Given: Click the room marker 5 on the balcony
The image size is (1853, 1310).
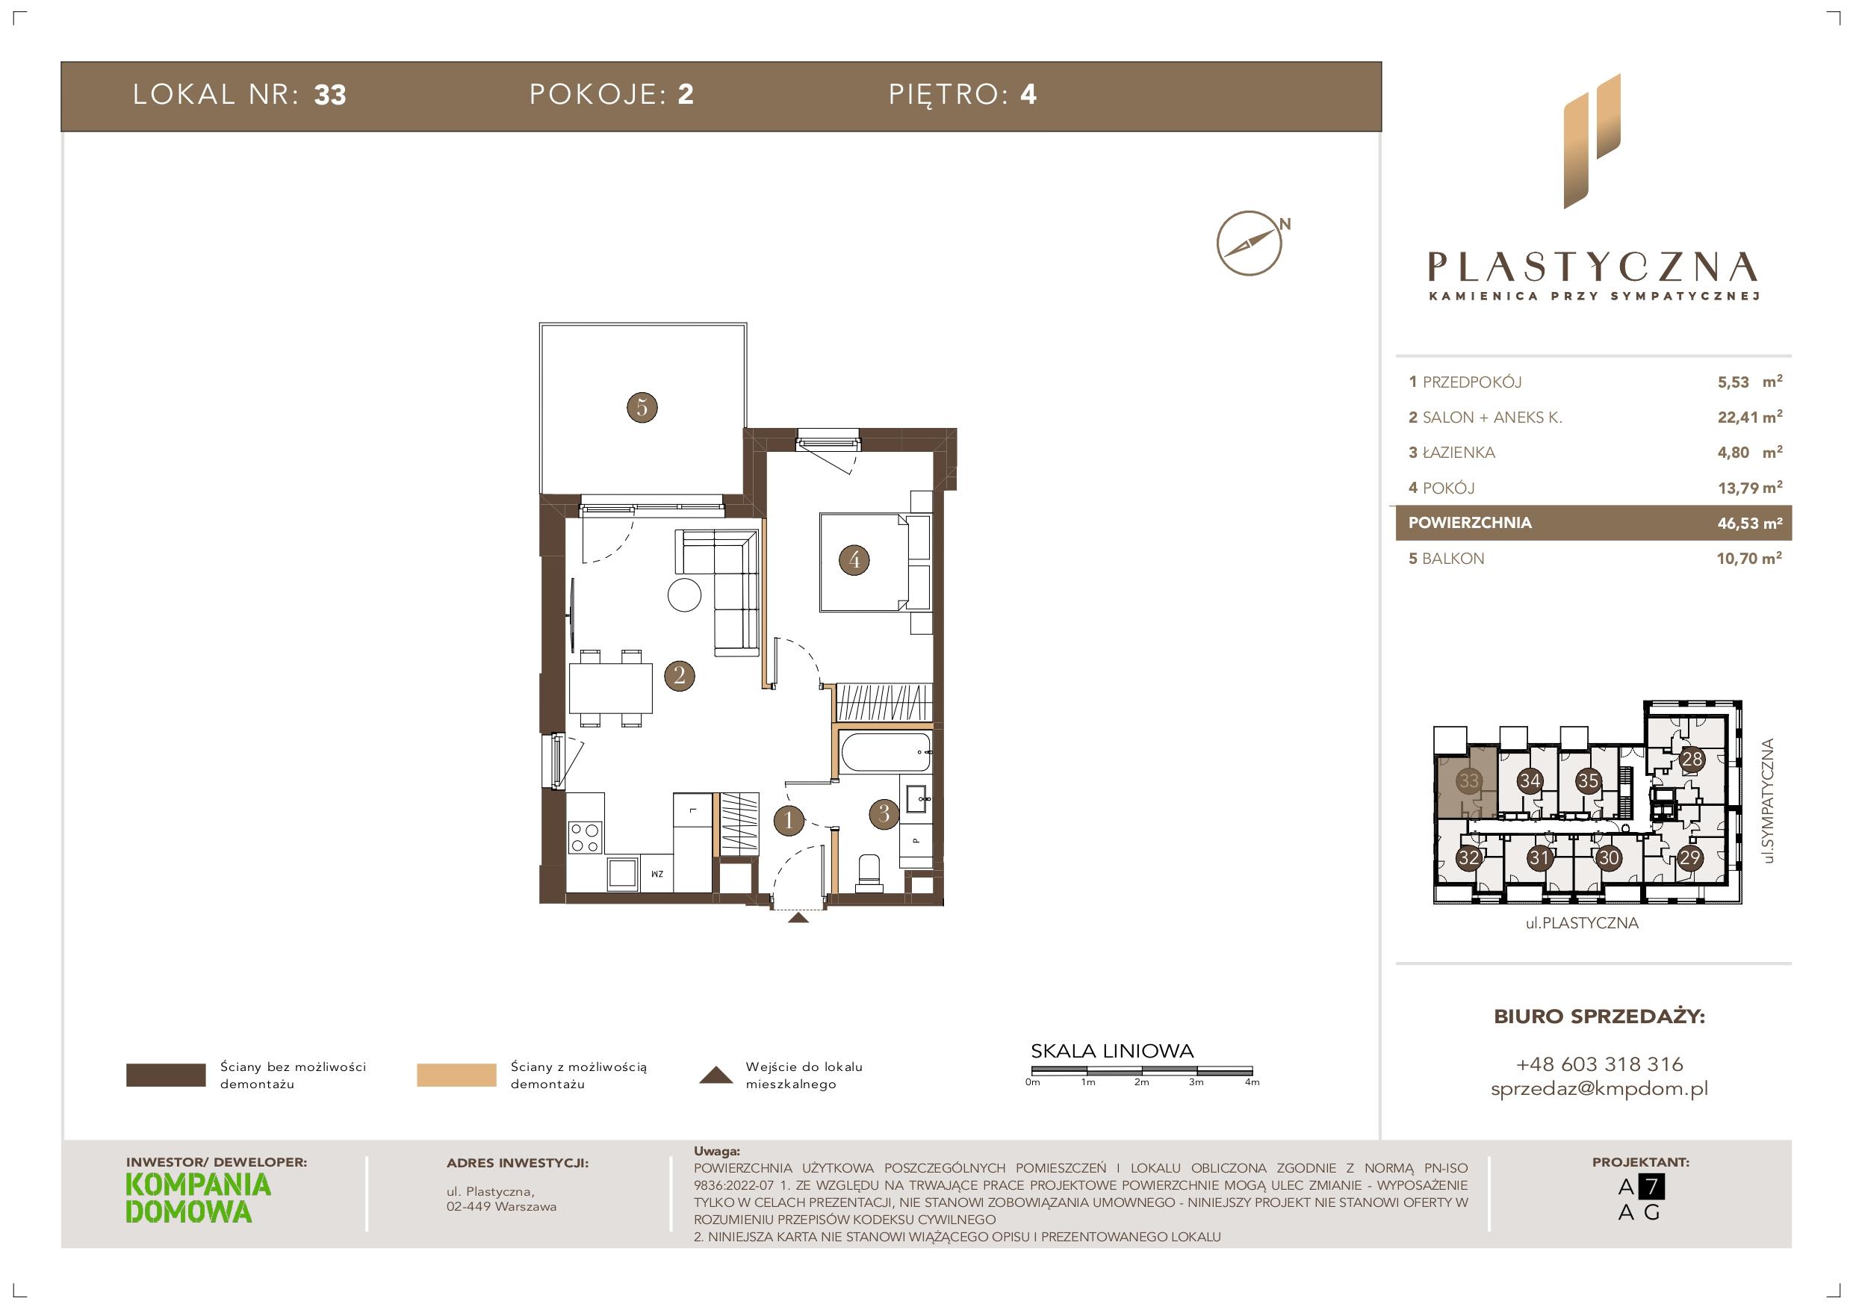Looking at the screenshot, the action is pos(642,407).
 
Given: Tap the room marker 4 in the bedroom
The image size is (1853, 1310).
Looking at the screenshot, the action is pos(854,559).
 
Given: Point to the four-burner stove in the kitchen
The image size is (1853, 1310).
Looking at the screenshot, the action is pos(584,836).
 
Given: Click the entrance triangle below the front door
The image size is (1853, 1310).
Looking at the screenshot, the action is pos(798,917).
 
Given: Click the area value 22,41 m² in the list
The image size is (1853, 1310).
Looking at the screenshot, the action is pos(1750,417).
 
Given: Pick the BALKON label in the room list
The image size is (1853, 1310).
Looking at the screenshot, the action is pos(1453,559).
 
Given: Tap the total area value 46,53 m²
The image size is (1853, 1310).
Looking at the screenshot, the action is pos(1750,523).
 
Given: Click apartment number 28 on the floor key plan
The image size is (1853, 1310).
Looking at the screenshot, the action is pos(1692,759).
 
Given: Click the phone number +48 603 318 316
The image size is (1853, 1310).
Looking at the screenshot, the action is pos(1599,1064).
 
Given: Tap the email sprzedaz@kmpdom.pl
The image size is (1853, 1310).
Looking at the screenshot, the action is pos(1599,1089).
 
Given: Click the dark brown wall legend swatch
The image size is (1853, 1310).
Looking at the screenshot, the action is pos(166,1075).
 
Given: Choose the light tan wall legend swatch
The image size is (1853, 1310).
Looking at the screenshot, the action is pos(456,1075).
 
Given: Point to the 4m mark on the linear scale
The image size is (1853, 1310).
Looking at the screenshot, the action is pos(1252,1082).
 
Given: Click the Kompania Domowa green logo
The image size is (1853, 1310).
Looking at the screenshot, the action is pos(199,1199).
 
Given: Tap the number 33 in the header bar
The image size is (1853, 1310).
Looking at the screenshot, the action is pos(330,96).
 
